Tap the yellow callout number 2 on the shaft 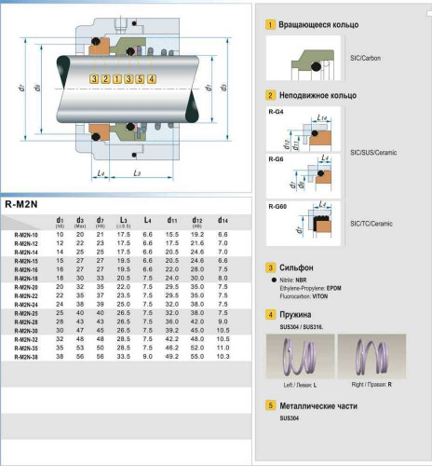(x=106, y=79)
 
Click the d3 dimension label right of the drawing (x=223, y=88)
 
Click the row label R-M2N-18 (x=26, y=278)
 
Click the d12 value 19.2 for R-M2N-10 (x=196, y=235)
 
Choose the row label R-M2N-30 (x=26, y=330)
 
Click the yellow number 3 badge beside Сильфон (x=270, y=267)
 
